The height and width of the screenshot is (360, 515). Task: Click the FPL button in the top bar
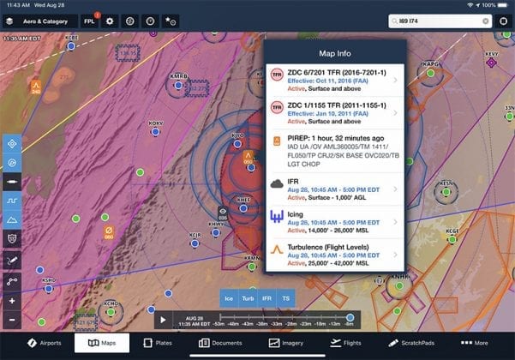click(89, 21)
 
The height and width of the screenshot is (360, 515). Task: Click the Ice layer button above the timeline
click(229, 298)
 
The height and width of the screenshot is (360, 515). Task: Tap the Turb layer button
click(249, 298)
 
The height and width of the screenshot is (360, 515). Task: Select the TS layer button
click(287, 298)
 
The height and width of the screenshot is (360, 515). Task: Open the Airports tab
click(44, 343)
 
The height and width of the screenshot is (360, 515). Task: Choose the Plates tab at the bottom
click(156, 343)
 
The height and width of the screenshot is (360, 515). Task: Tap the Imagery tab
click(285, 343)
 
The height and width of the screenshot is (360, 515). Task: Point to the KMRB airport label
click(178, 76)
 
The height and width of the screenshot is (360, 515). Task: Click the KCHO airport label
click(110, 303)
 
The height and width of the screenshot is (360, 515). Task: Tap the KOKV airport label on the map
click(155, 123)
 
